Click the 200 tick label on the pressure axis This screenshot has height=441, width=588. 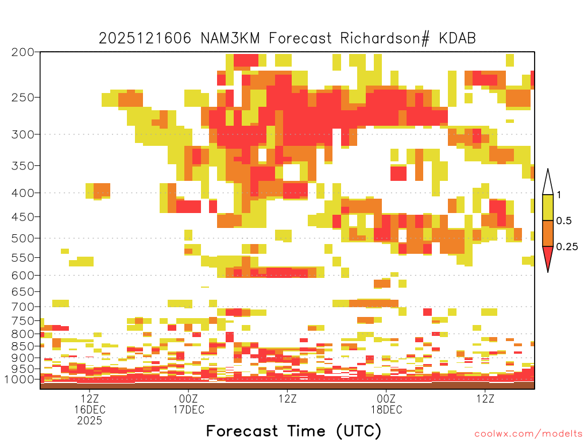[x=23, y=52]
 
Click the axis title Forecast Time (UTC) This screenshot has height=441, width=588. [x=293, y=431]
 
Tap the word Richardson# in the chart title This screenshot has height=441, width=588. [x=385, y=38]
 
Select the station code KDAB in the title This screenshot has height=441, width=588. [x=457, y=38]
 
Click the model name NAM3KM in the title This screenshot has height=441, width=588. [x=230, y=38]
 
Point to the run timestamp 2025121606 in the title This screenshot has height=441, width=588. [x=145, y=38]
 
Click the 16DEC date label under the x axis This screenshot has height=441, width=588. [x=90, y=409]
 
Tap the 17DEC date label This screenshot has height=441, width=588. [x=188, y=409]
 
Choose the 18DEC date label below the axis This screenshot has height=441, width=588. [x=386, y=409]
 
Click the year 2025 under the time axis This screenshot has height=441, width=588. [x=90, y=421]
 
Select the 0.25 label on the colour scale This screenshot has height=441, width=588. [x=567, y=247]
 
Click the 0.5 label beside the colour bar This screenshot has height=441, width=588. [x=564, y=221]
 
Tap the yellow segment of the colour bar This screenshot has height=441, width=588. [x=548, y=207]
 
